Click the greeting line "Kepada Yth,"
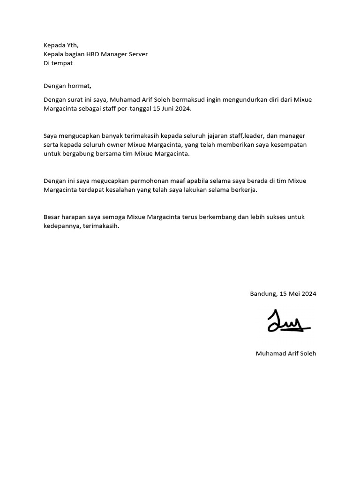[61, 45]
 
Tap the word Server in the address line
[137, 54]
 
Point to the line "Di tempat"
[58, 63]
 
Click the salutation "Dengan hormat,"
[67, 86]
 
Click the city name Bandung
[263, 294]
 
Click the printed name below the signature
[286, 353]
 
